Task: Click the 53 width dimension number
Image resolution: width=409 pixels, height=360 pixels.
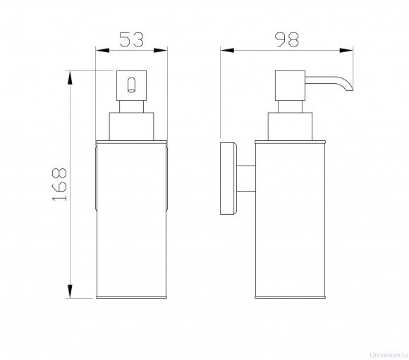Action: [x=131, y=39]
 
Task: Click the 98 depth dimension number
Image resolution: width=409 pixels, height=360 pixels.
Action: [x=287, y=39]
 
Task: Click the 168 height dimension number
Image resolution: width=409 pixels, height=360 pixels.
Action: [x=59, y=185]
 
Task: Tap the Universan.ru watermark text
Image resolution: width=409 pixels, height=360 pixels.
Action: [x=389, y=355]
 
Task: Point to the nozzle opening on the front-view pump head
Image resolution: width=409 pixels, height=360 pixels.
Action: [x=131, y=85]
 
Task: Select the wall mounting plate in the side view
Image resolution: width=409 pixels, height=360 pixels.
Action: [x=228, y=178]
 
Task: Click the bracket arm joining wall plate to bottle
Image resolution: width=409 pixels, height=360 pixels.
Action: [x=245, y=178]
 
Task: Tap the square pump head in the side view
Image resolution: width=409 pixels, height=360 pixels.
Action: [x=290, y=85]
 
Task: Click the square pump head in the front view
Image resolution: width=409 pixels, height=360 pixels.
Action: [x=131, y=85]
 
